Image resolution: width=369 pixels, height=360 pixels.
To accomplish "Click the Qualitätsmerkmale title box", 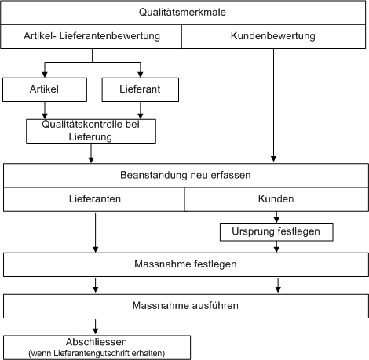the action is tap(183, 13).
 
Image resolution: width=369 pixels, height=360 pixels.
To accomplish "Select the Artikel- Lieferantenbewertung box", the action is tap(91, 36).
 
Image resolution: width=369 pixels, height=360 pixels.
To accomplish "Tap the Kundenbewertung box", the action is tap(273, 36).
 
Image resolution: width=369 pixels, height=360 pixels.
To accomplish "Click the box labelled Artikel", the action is tap(45, 89).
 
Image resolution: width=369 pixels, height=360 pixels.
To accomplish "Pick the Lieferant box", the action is tap(141, 89).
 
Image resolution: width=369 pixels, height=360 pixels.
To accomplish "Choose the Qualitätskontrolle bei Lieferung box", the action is tap(91, 131).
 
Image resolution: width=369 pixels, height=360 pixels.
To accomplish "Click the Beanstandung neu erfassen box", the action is tap(186, 175).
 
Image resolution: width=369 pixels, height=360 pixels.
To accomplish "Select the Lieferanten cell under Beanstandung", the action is tap(94, 199).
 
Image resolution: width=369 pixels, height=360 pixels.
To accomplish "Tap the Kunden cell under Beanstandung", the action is tap(276, 199).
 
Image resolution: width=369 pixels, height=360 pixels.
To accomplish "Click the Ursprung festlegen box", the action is tap(276, 231).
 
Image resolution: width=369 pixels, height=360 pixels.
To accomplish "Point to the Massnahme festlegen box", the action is tap(186, 264).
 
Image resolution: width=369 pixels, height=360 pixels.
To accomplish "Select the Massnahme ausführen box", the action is tap(186, 306).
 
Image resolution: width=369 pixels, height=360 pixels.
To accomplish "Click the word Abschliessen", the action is tap(97, 342).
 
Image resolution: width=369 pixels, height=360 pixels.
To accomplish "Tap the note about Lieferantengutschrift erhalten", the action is tap(97, 353).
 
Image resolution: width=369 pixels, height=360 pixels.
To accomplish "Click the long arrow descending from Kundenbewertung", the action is tap(273, 105).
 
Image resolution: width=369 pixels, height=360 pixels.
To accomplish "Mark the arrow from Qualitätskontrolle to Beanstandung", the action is tap(91, 153).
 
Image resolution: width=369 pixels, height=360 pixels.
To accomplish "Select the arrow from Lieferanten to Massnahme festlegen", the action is tap(96, 232).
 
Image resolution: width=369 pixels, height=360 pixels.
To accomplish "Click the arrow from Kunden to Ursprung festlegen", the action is tap(276, 217).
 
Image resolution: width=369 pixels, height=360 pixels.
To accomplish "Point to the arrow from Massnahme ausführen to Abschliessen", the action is tap(96, 326).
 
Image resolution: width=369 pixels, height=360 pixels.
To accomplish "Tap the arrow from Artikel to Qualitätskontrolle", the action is tap(45, 111).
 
